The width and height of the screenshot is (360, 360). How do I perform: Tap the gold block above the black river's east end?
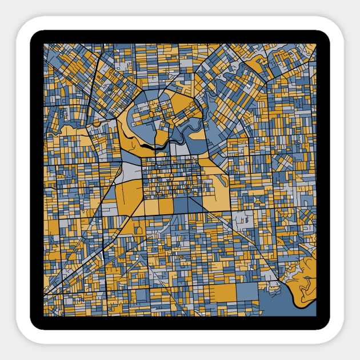click(161, 137)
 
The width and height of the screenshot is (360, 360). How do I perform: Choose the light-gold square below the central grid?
click(151, 206)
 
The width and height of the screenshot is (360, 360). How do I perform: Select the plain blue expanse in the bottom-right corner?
click(286, 306)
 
